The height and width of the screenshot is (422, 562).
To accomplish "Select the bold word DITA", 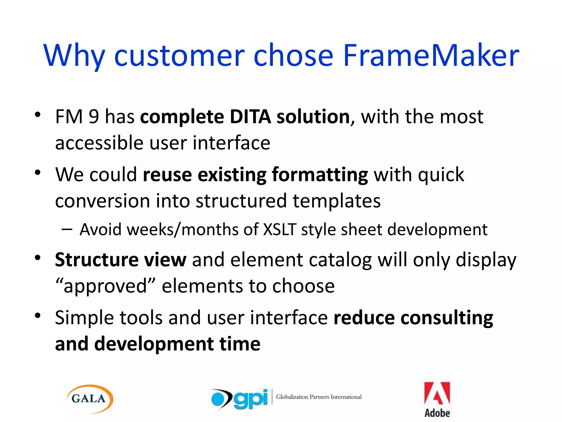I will point(250,117).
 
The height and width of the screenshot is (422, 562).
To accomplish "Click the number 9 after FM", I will point(94,117).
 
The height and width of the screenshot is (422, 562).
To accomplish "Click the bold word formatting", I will point(320,175).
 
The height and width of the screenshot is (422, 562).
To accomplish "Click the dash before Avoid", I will point(67,229).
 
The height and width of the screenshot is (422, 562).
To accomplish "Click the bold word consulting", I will point(446,318).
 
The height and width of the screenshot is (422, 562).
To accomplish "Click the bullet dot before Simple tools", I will point(38,315).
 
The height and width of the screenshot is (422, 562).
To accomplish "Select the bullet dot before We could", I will point(38,173).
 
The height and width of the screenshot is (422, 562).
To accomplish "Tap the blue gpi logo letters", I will point(250,399).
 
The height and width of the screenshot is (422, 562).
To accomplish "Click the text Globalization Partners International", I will point(319,397).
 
